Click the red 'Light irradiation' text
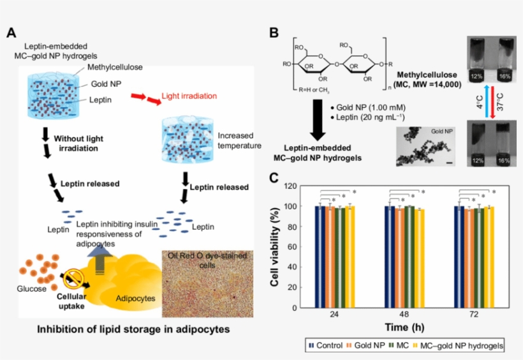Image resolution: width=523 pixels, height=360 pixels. click(x=188, y=95)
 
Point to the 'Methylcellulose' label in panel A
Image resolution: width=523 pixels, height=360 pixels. click(x=115, y=67)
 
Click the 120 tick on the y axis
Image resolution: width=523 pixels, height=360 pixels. click(x=293, y=186)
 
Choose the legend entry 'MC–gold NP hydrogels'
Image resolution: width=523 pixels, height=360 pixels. click(x=458, y=345)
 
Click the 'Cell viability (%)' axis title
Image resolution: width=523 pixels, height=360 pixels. click(x=276, y=246)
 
